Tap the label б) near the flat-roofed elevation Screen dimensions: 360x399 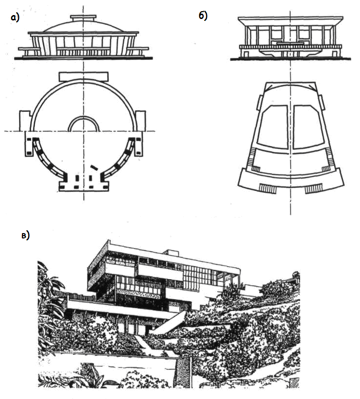(203, 16)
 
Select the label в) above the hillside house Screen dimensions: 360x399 (25, 236)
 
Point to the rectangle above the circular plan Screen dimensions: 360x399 (83, 76)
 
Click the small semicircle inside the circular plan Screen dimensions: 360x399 (84, 125)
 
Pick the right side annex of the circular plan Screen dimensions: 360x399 (140, 119)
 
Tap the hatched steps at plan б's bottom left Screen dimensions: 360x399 (267, 188)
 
